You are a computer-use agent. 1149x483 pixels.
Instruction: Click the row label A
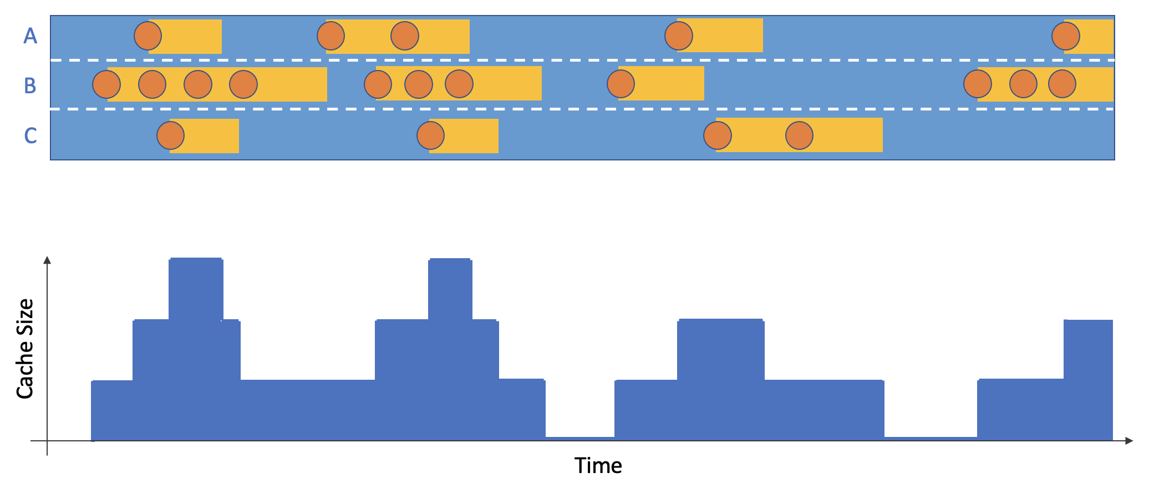pyautogui.click(x=30, y=36)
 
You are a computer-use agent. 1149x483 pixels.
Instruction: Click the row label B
pyautogui.click(x=30, y=85)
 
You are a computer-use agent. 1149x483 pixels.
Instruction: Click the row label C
pyautogui.click(x=30, y=135)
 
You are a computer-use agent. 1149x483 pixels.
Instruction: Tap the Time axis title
pyautogui.click(x=598, y=465)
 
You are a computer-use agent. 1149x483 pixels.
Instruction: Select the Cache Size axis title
pyautogui.click(x=26, y=349)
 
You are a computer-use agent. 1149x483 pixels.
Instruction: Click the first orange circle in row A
pyautogui.click(x=148, y=36)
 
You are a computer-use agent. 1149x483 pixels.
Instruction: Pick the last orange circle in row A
pyautogui.click(x=1066, y=36)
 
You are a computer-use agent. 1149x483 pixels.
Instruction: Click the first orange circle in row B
pyautogui.click(x=106, y=84)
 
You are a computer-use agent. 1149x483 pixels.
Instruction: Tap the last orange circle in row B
pyautogui.click(x=1062, y=84)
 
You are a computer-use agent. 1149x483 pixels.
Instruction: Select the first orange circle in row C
pyautogui.click(x=171, y=135)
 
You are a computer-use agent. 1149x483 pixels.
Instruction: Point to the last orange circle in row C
pyautogui.click(x=800, y=135)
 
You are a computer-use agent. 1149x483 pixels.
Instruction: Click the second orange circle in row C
pyautogui.click(x=431, y=135)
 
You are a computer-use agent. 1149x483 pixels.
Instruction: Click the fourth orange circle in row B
pyautogui.click(x=243, y=84)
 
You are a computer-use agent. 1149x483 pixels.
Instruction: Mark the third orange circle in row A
pyautogui.click(x=405, y=36)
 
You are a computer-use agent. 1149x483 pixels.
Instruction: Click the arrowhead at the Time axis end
pyautogui.click(x=1129, y=441)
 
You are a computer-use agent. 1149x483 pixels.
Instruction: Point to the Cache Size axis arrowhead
pyautogui.click(x=48, y=260)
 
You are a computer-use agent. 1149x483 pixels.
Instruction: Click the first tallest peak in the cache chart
pyautogui.click(x=196, y=289)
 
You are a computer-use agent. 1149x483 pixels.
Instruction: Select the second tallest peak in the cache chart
pyautogui.click(x=450, y=289)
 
